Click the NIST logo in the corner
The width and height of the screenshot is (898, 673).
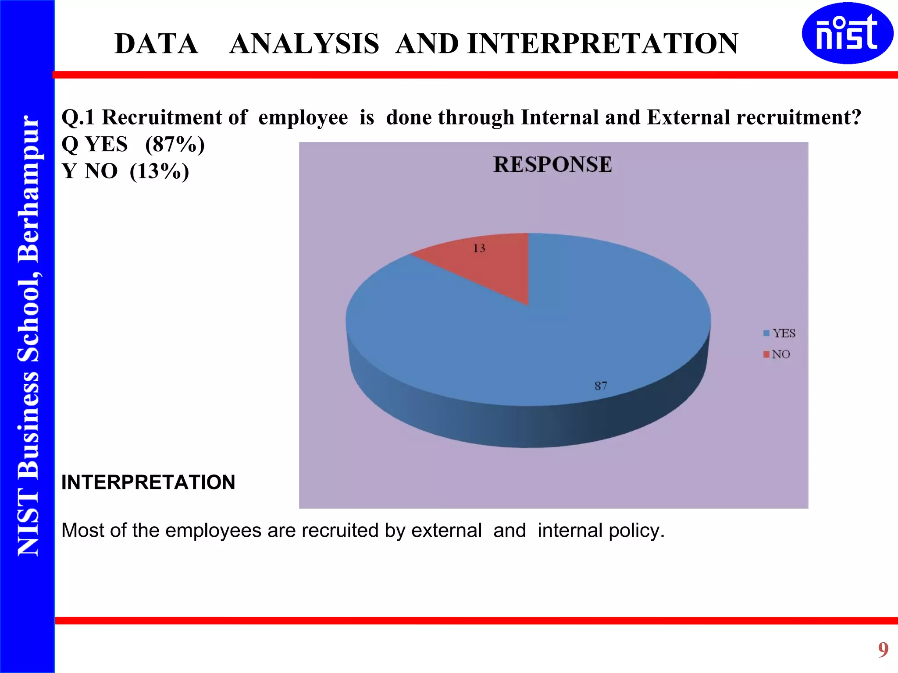coord(847,33)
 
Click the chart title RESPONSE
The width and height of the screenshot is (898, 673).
coord(552,165)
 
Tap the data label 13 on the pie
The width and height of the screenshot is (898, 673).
coord(479,248)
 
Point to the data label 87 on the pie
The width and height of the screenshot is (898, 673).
coord(601,386)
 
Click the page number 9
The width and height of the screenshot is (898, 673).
coord(883,649)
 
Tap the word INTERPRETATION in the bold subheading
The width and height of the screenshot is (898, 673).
coord(148,482)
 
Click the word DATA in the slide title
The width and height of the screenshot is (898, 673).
coord(156,44)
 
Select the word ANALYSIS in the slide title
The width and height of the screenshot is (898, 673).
coord(304,44)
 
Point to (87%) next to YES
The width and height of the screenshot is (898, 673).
coord(175,144)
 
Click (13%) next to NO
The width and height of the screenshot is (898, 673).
coord(159,171)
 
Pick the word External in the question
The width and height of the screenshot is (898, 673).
coord(688,117)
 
